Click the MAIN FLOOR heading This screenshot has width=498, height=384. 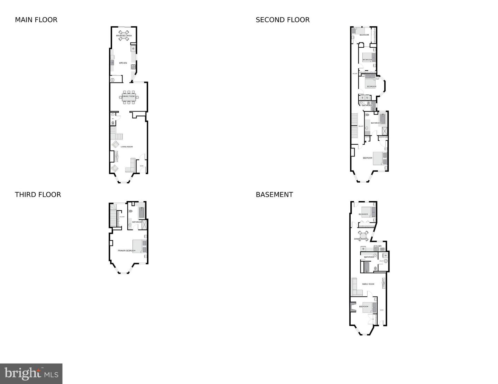[x=36, y=20]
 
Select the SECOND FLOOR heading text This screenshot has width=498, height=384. [x=283, y=20]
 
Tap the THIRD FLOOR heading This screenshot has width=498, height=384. [x=38, y=195]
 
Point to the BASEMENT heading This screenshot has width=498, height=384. [x=274, y=195]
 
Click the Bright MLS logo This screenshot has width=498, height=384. [x=31, y=374]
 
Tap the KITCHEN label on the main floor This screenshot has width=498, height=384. [x=123, y=63]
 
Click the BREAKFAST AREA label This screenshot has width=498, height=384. [x=124, y=36]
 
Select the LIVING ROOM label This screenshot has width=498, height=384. [x=127, y=147]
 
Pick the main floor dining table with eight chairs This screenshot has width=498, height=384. [x=129, y=97]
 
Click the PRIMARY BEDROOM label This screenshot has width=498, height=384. [x=127, y=251]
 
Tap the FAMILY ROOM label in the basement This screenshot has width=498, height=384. [x=368, y=284]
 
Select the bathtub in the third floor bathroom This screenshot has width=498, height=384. [x=141, y=212]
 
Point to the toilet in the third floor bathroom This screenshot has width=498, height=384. [x=130, y=211]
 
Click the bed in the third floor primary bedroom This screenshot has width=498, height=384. [x=140, y=246]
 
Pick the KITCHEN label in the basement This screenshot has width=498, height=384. [x=377, y=246]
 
